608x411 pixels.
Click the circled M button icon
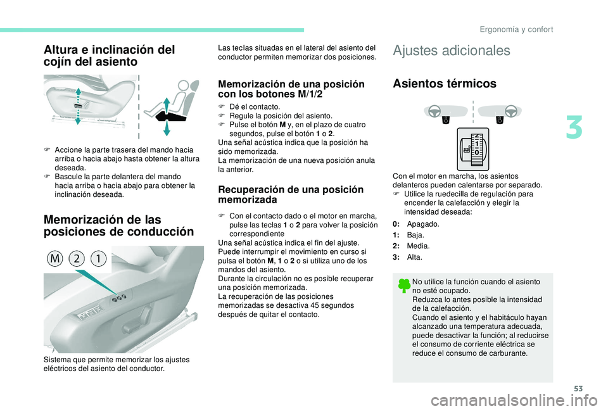click(55, 258)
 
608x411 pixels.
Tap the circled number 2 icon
click(77, 258)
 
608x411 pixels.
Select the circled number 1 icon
click(99, 258)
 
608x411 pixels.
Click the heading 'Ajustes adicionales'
click(452, 51)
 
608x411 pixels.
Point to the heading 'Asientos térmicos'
click(445, 84)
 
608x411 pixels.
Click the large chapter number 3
click(574, 129)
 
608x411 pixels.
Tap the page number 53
click(578, 388)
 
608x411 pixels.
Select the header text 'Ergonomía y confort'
click(516, 30)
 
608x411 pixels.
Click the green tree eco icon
click(403, 286)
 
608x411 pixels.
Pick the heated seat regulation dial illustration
click(472, 149)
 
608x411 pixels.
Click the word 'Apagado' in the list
click(422, 224)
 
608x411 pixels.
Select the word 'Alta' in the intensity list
click(414, 257)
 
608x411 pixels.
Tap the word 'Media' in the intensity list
click(417, 246)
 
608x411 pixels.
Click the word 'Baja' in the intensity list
click(415, 235)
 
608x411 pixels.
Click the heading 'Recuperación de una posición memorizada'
click(291, 194)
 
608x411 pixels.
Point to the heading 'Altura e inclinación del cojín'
click(110, 56)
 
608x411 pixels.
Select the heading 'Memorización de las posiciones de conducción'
click(118, 225)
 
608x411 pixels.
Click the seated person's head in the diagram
click(184, 85)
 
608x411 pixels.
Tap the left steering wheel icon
click(433, 111)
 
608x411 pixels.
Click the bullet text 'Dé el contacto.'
click(255, 106)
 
